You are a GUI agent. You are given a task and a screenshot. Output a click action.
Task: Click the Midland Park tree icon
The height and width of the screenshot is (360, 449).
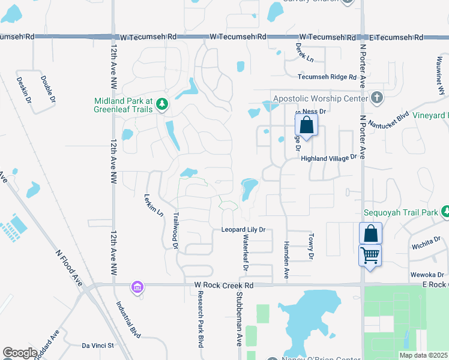pyautogui.click(x=161, y=105)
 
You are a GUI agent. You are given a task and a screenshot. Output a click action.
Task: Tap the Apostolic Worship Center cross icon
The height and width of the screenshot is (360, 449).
pyautogui.click(x=376, y=97)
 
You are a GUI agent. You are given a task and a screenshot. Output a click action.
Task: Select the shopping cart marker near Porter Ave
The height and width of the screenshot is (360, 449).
pyautogui.click(x=370, y=256)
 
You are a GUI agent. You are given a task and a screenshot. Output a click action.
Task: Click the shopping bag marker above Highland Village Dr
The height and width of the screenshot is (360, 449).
pyautogui.click(x=306, y=126)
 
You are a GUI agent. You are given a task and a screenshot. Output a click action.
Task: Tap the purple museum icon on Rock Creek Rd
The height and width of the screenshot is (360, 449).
pyautogui.click(x=137, y=287)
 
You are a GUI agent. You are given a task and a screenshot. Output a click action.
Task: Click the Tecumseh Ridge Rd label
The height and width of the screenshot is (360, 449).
pyautogui.click(x=328, y=77)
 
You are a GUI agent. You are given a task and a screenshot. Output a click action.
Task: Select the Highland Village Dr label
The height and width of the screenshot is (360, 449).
pyautogui.click(x=329, y=158)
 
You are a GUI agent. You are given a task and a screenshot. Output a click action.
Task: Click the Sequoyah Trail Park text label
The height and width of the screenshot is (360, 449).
pyautogui.click(x=401, y=212)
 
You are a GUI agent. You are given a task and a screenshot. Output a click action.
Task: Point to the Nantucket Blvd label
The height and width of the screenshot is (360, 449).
pyautogui.click(x=388, y=119)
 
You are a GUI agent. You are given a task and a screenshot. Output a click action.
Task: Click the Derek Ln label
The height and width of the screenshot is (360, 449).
pyautogui.click(x=305, y=53)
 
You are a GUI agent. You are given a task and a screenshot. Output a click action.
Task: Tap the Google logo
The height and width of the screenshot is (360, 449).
pyautogui.click(x=20, y=353)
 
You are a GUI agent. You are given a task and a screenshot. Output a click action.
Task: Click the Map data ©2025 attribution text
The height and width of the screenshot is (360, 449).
pyautogui.click(x=423, y=355)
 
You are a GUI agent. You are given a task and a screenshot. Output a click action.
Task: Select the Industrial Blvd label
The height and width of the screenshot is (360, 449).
pyautogui.click(x=131, y=318)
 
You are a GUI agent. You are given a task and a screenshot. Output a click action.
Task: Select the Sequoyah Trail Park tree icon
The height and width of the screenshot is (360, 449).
pyautogui.click(x=445, y=211)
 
